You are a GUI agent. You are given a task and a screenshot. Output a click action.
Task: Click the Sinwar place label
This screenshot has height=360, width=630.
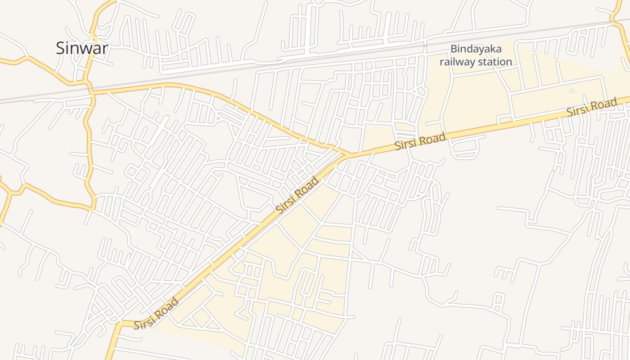[82, 48]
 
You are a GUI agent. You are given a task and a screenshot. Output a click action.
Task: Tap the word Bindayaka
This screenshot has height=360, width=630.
[476, 49]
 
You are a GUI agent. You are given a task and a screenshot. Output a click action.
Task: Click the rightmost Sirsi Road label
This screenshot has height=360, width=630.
[591, 108]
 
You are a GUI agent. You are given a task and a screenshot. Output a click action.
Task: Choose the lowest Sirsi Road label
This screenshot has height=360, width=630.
[156, 313]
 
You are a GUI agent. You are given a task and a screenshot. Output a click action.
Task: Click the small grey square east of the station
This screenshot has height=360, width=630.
[571, 90]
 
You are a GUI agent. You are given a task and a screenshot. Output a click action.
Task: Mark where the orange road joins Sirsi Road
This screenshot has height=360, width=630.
[349, 155]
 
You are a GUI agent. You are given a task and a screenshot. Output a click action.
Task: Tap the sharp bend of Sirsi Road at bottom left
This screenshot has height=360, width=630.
[120, 323]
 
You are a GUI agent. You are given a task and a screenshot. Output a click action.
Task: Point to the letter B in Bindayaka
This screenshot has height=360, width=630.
[454, 49]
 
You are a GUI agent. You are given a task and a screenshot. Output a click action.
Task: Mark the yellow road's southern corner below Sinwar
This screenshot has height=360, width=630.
[92, 208]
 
